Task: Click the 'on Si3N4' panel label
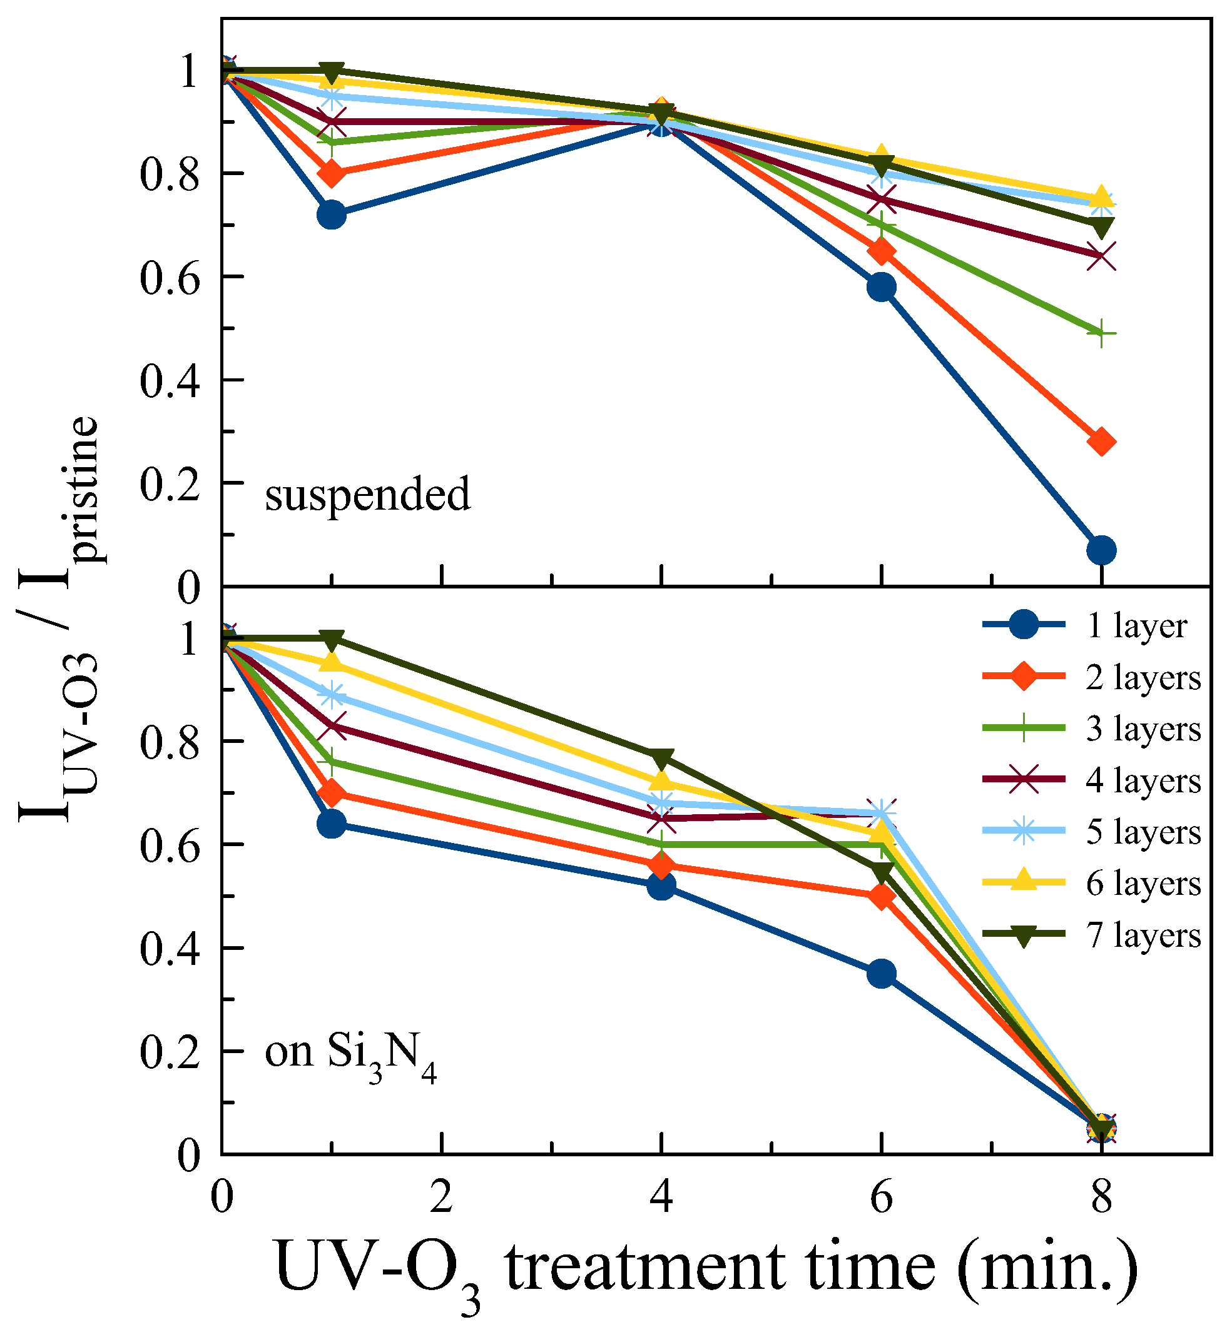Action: [350, 1053]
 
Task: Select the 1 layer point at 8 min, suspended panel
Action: [1101, 550]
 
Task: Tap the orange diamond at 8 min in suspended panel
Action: [1101, 442]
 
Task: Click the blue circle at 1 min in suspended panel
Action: [332, 214]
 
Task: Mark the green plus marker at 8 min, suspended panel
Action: [1101, 334]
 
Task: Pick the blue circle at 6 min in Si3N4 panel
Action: [880, 974]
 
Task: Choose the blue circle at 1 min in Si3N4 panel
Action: [332, 824]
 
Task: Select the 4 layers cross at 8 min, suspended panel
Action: [1101, 256]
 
